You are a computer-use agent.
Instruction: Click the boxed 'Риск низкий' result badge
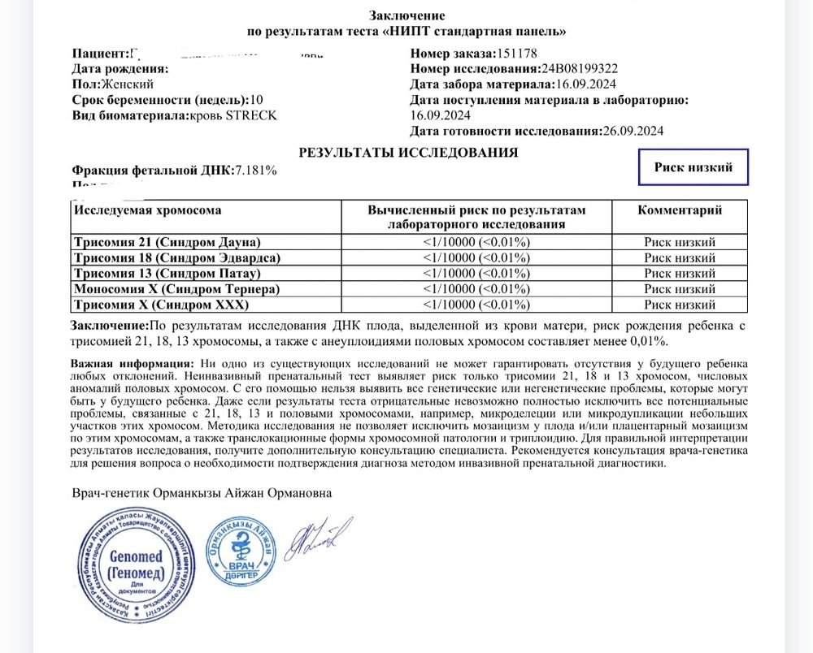[693, 167]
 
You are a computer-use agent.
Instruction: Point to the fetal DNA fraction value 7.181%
[256, 170]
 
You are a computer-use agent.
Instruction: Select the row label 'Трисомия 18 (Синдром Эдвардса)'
[176, 257]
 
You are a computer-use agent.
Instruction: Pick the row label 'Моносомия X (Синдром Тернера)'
[176, 289]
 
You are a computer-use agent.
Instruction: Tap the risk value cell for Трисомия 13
[476, 273]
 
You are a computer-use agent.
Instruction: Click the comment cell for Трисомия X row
[679, 305]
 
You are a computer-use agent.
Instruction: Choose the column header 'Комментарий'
[679, 210]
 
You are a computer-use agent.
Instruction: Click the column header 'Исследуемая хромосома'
[148, 210]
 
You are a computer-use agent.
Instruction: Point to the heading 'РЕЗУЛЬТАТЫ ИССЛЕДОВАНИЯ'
[408, 152]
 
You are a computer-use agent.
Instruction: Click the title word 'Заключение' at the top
[407, 15]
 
